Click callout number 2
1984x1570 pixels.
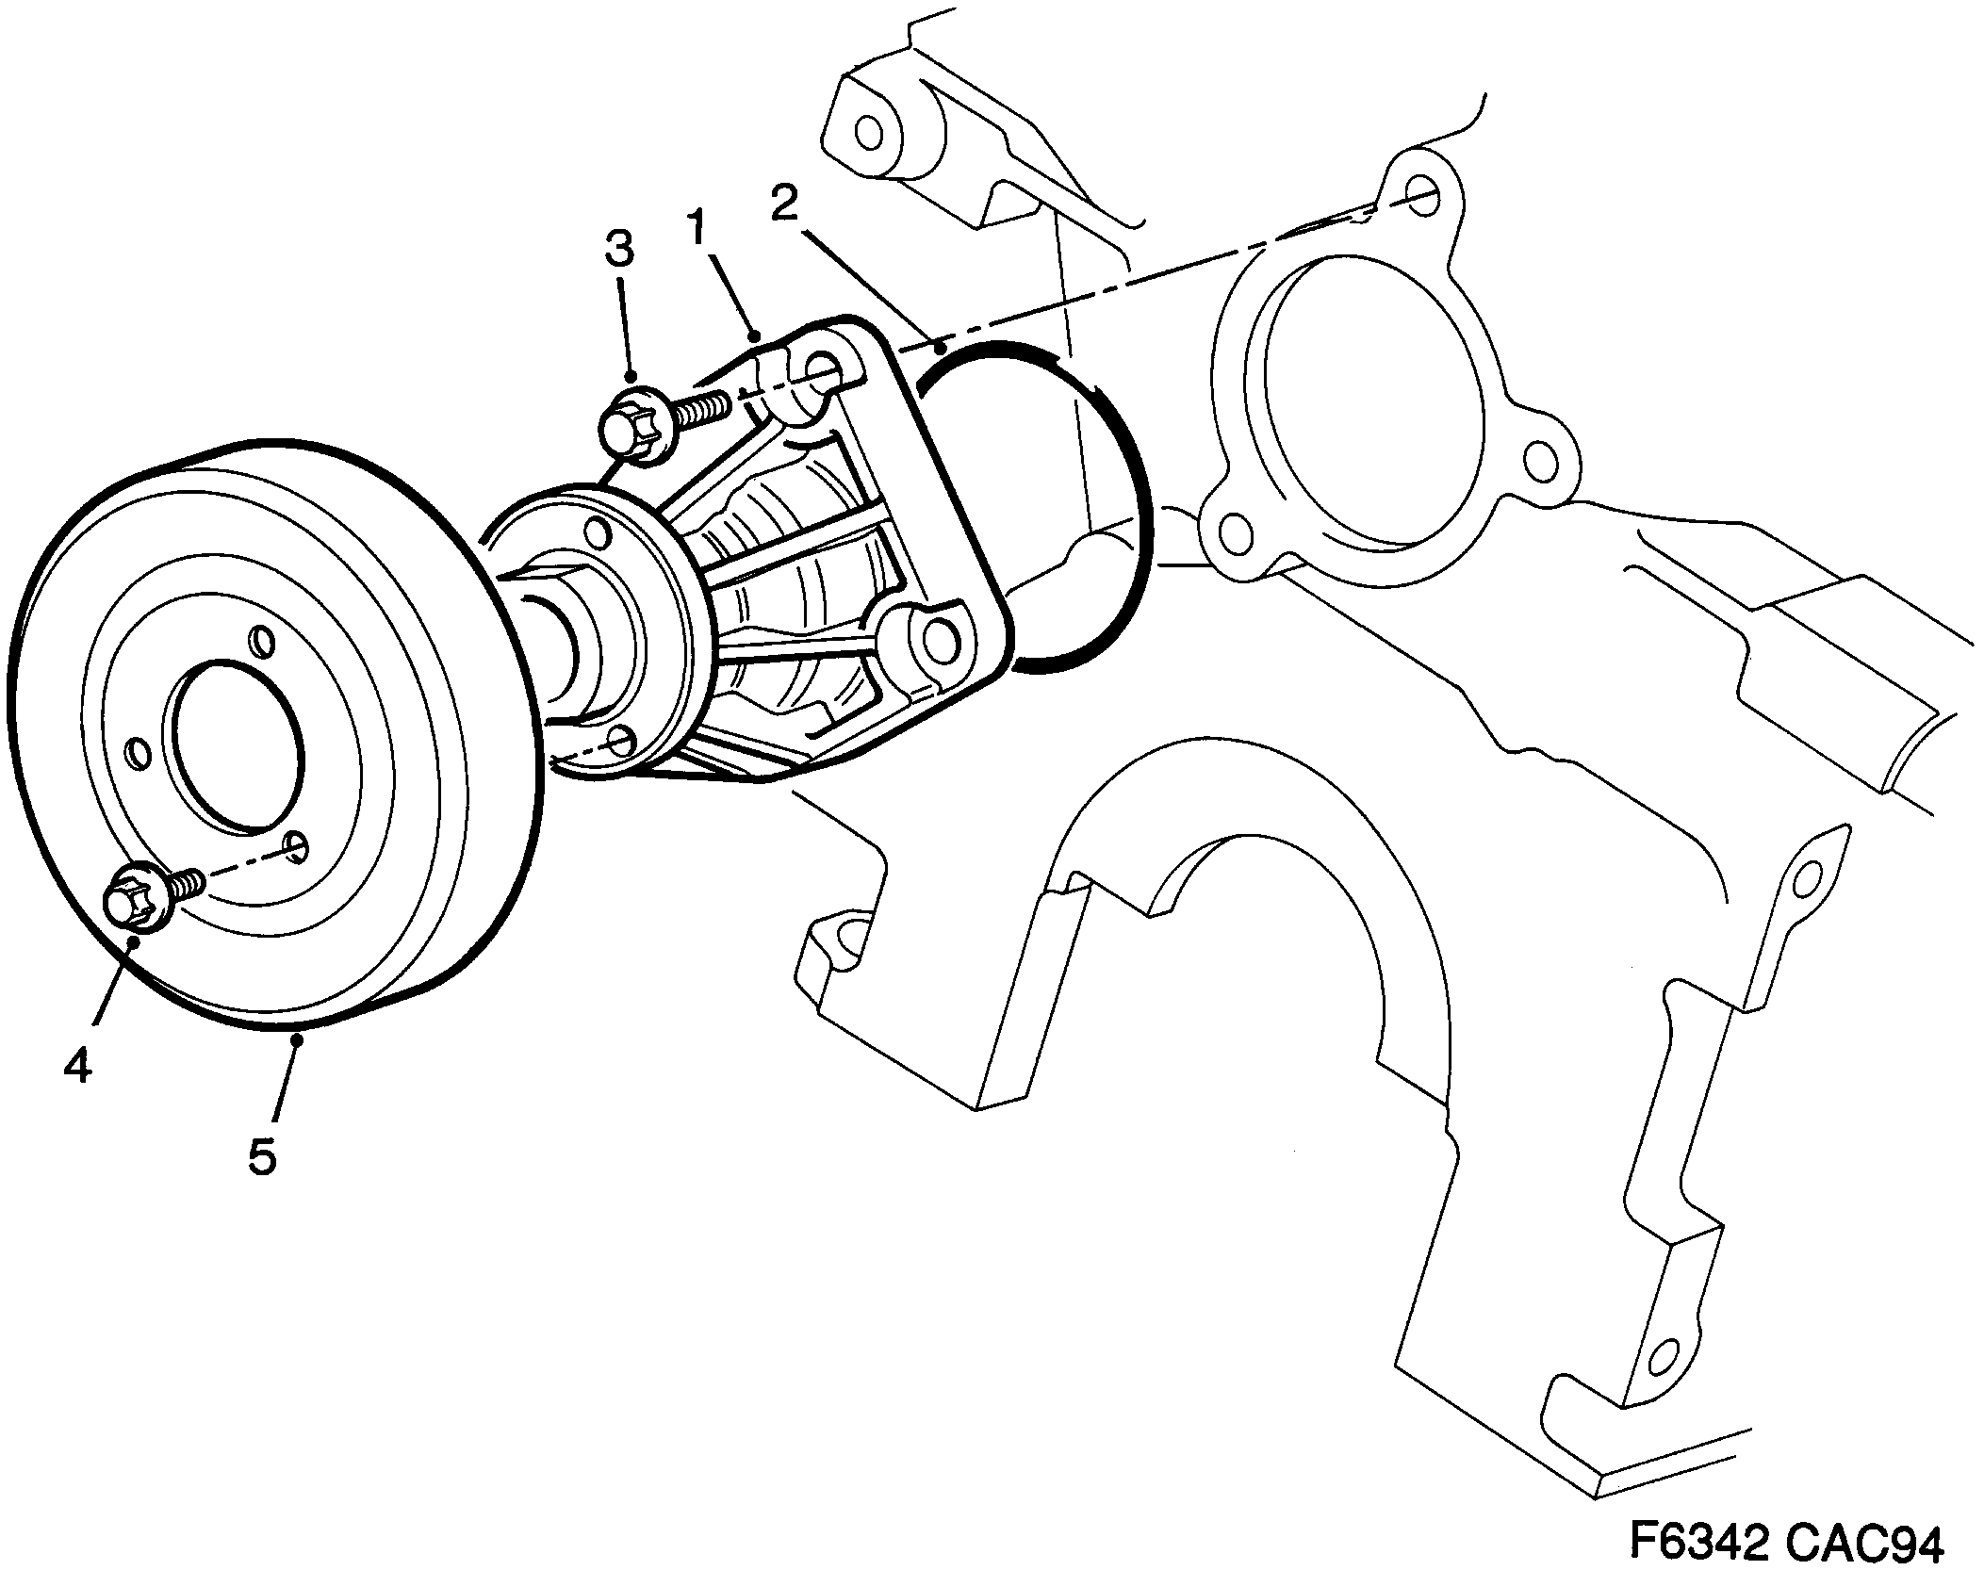pyautogui.click(x=784, y=201)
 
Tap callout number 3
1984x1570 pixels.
pyautogui.click(x=618, y=250)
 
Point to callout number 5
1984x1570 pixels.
pyautogui.click(x=262, y=1155)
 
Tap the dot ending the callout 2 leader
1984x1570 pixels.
pyautogui.click(x=940, y=350)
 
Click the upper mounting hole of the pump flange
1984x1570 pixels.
pyautogui.click(x=824, y=369)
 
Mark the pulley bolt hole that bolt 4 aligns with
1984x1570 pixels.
pyautogui.click(x=295, y=846)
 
